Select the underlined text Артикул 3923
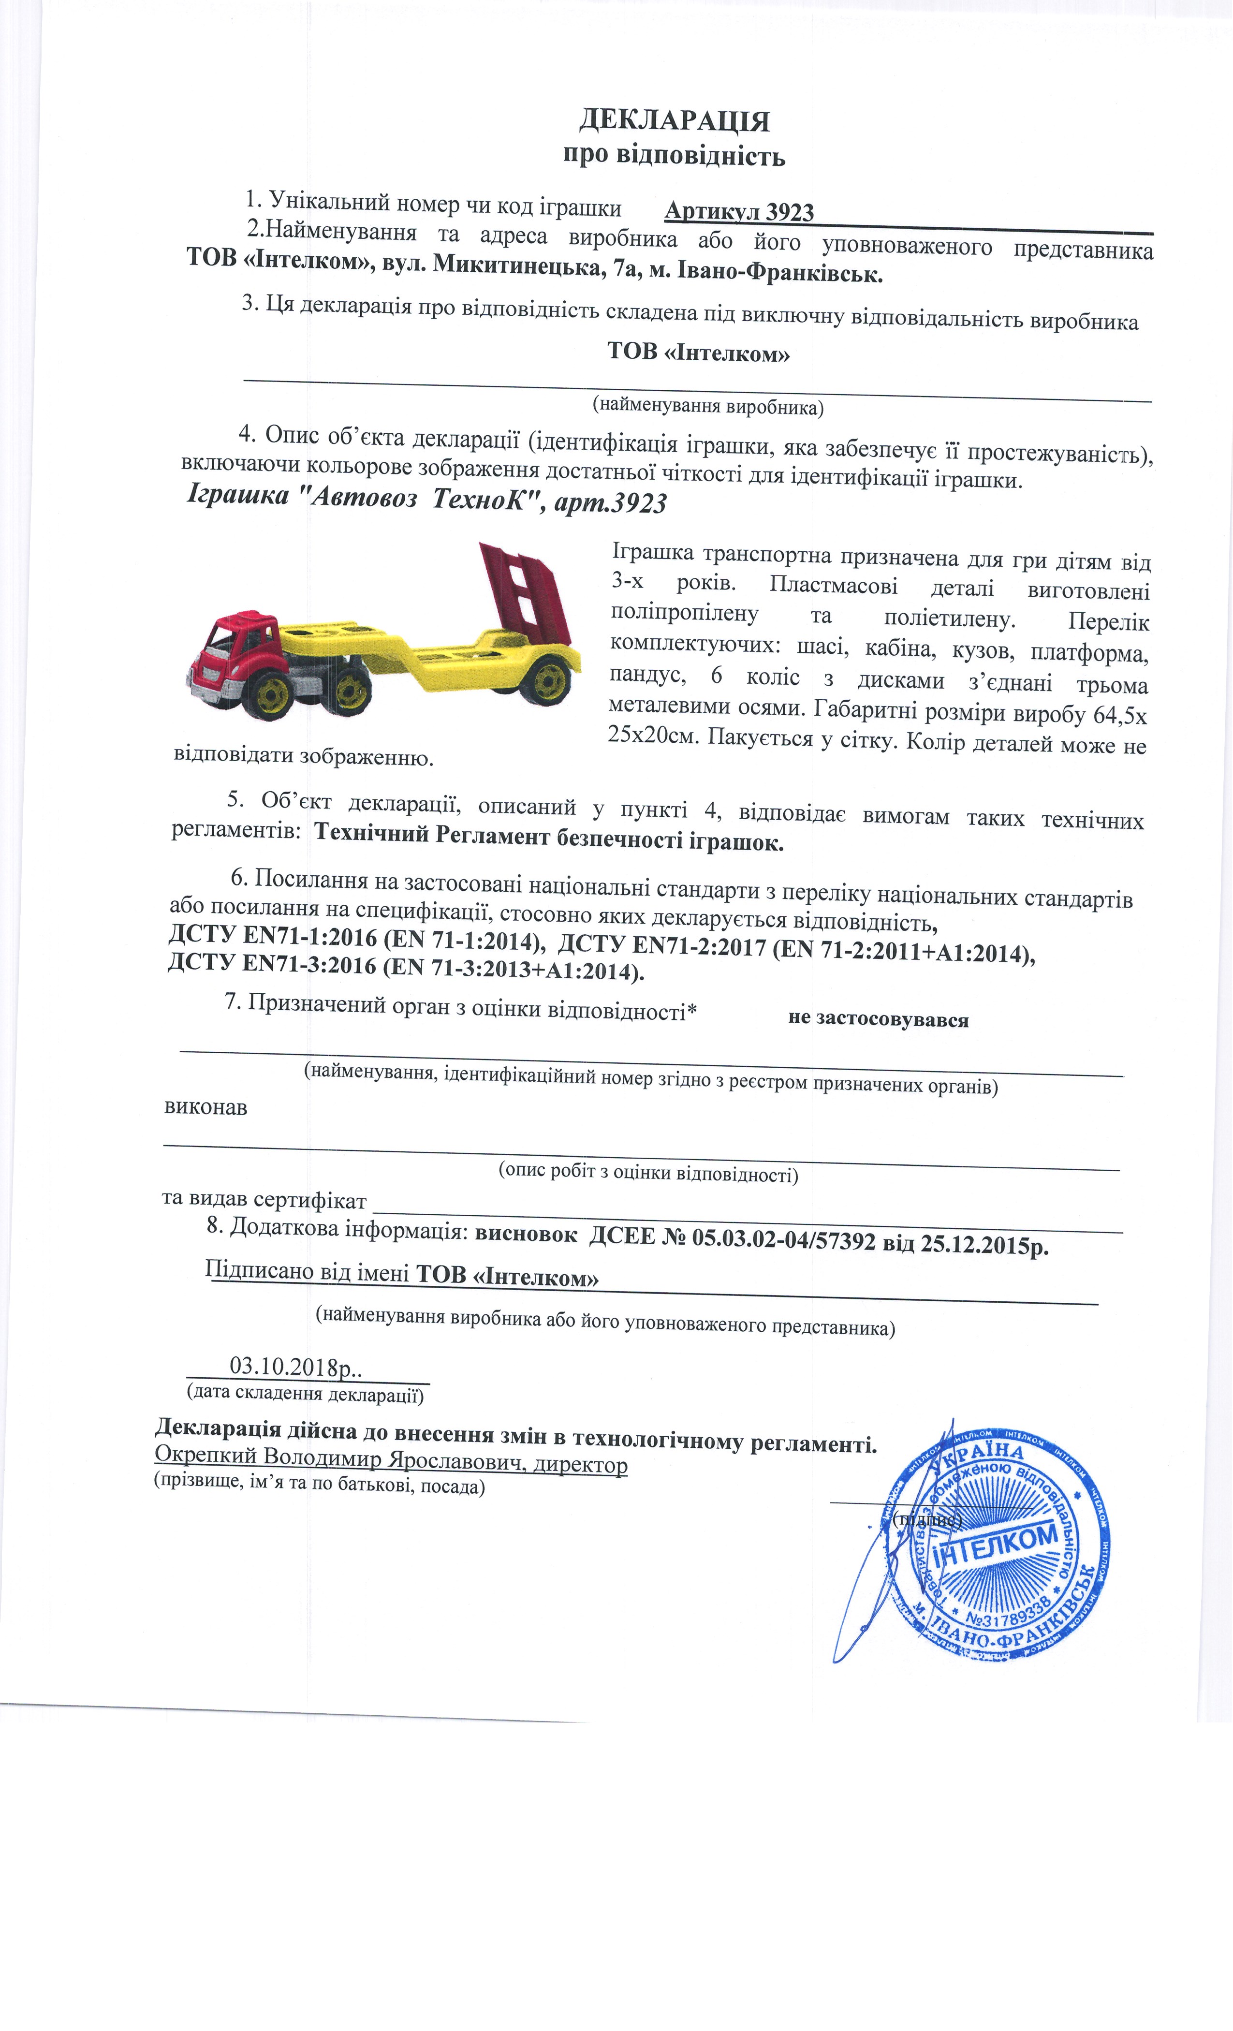click(738, 213)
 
